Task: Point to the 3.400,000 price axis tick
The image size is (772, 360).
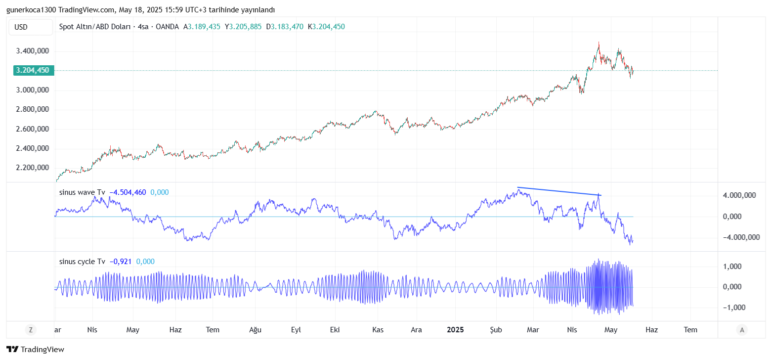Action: coord(32,51)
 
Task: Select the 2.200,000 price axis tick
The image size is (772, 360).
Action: coord(32,168)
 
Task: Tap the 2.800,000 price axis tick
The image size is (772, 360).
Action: coord(32,109)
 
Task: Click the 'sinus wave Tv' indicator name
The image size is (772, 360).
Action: coord(82,192)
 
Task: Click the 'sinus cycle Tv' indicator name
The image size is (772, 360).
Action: coord(82,262)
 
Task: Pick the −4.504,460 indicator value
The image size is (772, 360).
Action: coord(128,192)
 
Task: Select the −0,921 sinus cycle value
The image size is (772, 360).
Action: coord(121,262)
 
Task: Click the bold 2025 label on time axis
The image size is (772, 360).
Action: coord(455,330)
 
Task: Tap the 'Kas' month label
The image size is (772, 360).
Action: coord(378,330)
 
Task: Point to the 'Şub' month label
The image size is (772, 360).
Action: coord(495,330)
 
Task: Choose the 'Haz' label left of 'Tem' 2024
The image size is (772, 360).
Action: coord(175,330)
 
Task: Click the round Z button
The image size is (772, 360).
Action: coord(31,330)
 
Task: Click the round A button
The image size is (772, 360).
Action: coord(741,330)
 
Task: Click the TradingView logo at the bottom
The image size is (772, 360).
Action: coord(35,349)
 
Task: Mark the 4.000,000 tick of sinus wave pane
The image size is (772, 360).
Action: coord(739,195)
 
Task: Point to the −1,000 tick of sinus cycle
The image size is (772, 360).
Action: coord(739,307)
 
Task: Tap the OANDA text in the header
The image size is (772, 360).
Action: coord(167,27)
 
